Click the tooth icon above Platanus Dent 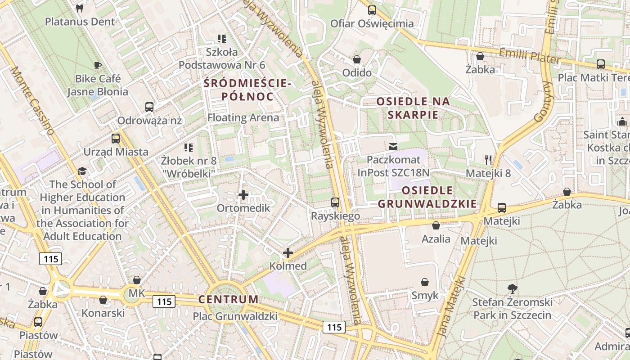80,8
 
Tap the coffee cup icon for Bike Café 98,66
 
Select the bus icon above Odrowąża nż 149,107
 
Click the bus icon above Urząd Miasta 116,138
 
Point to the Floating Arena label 243,118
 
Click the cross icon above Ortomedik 243,195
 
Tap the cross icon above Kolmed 288,253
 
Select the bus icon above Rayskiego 335,202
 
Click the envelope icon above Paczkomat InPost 394,146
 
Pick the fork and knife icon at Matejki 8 488,160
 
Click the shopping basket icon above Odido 357,59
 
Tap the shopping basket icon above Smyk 425,282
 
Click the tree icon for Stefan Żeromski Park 512,288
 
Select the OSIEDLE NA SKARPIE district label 413,108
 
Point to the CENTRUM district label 229,299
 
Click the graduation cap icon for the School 82,171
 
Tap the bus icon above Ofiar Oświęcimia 372,10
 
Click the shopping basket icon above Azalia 436,225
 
